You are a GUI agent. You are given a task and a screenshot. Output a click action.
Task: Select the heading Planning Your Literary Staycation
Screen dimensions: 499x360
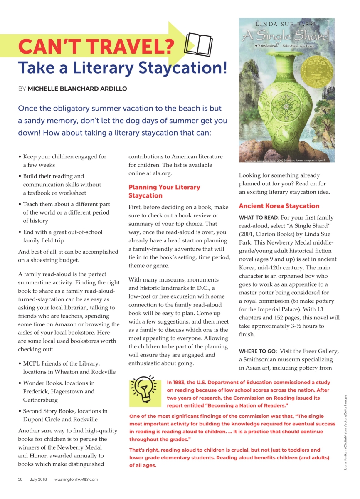164,191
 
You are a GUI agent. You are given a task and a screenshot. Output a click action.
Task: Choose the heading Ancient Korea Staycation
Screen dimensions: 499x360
279,206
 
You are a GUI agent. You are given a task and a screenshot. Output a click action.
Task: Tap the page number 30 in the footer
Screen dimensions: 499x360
20,479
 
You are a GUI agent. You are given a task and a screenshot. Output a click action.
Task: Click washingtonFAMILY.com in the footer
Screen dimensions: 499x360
76,479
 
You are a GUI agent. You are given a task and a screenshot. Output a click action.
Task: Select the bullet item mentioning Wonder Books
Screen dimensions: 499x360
59,391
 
